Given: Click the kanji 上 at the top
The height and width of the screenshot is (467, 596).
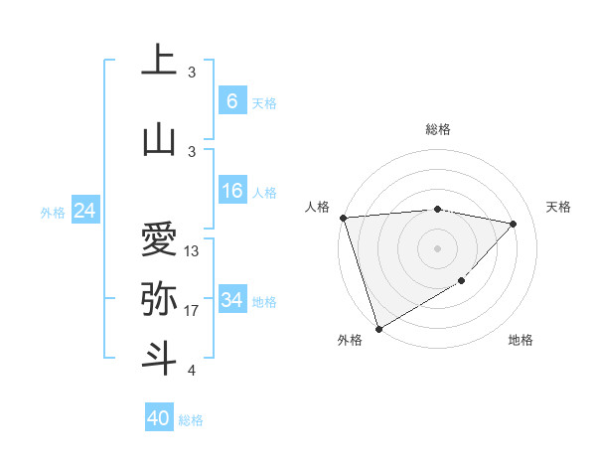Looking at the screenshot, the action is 159,61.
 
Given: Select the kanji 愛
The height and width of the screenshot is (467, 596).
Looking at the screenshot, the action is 159,239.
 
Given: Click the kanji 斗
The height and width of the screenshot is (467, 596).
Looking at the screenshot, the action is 159,358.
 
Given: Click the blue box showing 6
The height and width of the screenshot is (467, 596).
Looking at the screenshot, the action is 231,100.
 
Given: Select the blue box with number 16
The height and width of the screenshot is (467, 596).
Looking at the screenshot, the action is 231,191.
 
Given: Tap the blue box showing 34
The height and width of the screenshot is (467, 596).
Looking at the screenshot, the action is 231,300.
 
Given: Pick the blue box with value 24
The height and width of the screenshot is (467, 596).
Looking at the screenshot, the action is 84,211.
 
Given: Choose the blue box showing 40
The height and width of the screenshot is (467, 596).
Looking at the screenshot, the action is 159,418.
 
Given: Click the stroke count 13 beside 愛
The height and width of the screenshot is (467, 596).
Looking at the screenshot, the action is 192,251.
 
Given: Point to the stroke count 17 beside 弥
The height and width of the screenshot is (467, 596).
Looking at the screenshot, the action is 192,311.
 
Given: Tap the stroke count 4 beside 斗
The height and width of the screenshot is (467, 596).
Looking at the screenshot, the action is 191,371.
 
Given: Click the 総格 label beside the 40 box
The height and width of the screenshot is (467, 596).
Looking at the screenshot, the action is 191,420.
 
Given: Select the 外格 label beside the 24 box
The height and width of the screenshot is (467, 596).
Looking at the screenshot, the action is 53,212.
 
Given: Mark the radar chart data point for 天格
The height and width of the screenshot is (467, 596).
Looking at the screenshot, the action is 514,224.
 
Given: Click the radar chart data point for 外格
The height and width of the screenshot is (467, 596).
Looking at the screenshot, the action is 377,328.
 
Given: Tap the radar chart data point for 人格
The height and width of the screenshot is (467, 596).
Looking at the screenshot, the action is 343,218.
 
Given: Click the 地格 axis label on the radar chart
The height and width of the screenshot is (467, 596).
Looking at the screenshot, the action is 521,340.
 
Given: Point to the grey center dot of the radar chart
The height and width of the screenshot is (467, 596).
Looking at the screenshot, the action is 437,247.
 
